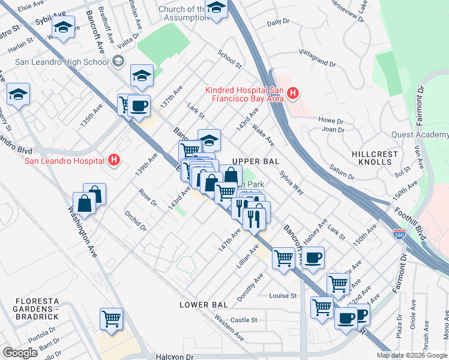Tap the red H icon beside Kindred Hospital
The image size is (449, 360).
pos(293,94)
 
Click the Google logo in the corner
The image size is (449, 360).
pos(20,353)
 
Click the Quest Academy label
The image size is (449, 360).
pos(420,135)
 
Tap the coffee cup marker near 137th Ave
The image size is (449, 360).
pos(139,106)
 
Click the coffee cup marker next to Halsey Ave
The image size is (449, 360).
pos(313,258)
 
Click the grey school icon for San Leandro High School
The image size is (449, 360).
pos(118,61)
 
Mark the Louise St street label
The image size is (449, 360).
pos(283,296)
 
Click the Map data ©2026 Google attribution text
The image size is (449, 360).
pos(411,355)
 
